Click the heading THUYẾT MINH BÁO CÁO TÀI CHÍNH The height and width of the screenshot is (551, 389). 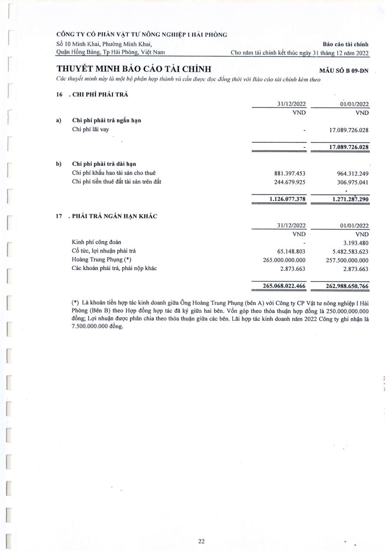tap(133, 69)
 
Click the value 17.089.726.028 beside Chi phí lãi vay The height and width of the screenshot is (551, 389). tap(349, 130)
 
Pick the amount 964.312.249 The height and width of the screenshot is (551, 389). tap(349, 173)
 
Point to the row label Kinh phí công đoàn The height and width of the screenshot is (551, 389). tap(97, 242)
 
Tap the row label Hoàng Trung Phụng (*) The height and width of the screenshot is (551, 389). tap(102, 259)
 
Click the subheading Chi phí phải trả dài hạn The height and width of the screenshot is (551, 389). tap(104, 164)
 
